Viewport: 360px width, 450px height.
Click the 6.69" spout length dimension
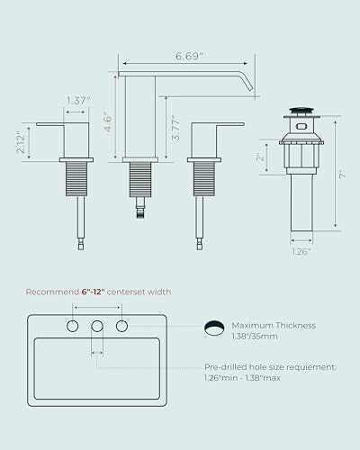[189, 56]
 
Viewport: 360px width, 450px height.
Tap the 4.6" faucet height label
[107, 121]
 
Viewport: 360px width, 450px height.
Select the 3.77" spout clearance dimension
[175, 128]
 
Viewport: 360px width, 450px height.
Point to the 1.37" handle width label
[78, 101]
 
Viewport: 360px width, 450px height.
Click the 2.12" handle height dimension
[21, 142]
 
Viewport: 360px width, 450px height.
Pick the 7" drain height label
[342, 175]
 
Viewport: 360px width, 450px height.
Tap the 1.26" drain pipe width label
[301, 251]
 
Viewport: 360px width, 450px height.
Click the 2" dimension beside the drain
[260, 157]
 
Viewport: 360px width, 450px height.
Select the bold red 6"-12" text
[93, 292]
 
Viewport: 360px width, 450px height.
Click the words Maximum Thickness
[274, 326]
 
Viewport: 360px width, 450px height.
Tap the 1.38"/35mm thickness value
[255, 337]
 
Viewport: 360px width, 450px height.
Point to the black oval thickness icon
[214, 328]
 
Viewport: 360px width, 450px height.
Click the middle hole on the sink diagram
[97, 326]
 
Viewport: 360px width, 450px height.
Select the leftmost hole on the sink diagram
[72, 326]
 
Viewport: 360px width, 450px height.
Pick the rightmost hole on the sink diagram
[121, 326]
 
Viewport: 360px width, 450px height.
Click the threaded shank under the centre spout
[140, 180]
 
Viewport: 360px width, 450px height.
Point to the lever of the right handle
[230, 124]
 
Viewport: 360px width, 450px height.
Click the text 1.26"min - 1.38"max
[242, 378]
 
